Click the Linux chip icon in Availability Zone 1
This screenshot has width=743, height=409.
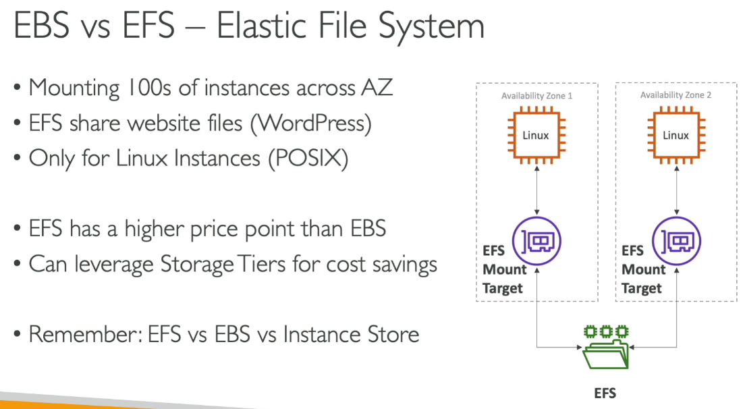(536, 136)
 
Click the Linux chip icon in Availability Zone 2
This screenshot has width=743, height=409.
(675, 136)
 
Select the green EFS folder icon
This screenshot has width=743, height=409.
(605, 348)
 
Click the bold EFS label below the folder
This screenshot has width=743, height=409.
(605, 393)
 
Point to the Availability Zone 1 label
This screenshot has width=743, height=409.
(536, 96)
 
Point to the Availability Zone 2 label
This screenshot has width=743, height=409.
(676, 96)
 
